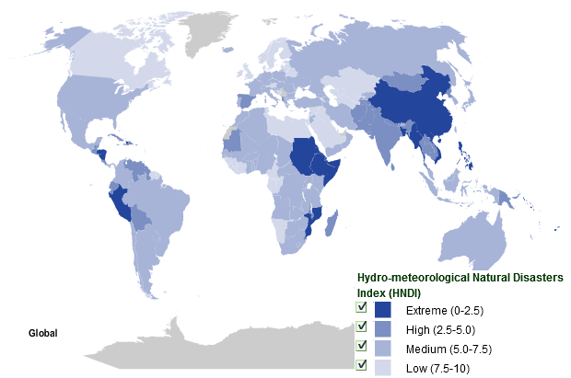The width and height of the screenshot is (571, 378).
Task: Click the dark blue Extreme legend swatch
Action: pos(384,310)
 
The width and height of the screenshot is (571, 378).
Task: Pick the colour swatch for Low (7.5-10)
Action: pos(384,367)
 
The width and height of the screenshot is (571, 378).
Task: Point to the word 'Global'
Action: pos(43,333)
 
